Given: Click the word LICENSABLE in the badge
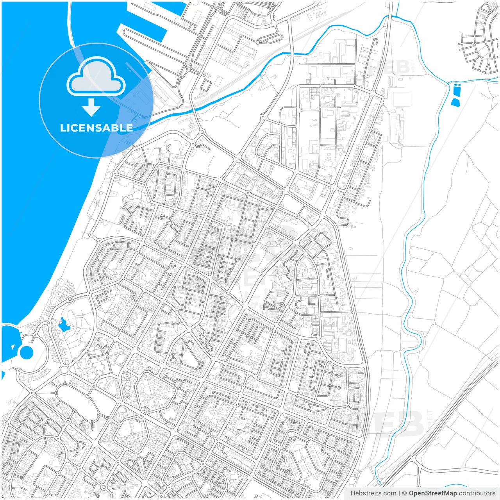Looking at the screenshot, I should click(x=96, y=128).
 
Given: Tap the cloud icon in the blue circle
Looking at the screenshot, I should click(x=96, y=77).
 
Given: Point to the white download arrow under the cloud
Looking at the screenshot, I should click(x=91, y=107).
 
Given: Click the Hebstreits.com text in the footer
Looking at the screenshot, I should click(x=373, y=493).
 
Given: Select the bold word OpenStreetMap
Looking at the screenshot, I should click(x=432, y=493).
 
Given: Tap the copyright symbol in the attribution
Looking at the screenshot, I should click(x=404, y=493).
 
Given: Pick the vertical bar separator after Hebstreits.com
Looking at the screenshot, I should click(x=399, y=493).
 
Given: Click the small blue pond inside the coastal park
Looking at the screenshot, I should click(x=63, y=324).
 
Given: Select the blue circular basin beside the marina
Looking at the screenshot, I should click(x=27, y=352).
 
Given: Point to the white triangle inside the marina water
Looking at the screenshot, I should click(x=13, y=346).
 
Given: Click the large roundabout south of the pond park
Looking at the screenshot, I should click(x=64, y=370).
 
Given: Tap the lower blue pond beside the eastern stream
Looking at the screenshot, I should click(x=455, y=102).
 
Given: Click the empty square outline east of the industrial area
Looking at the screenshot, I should click(x=401, y=100).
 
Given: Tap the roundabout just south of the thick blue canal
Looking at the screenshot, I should click(x=202, y=133).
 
